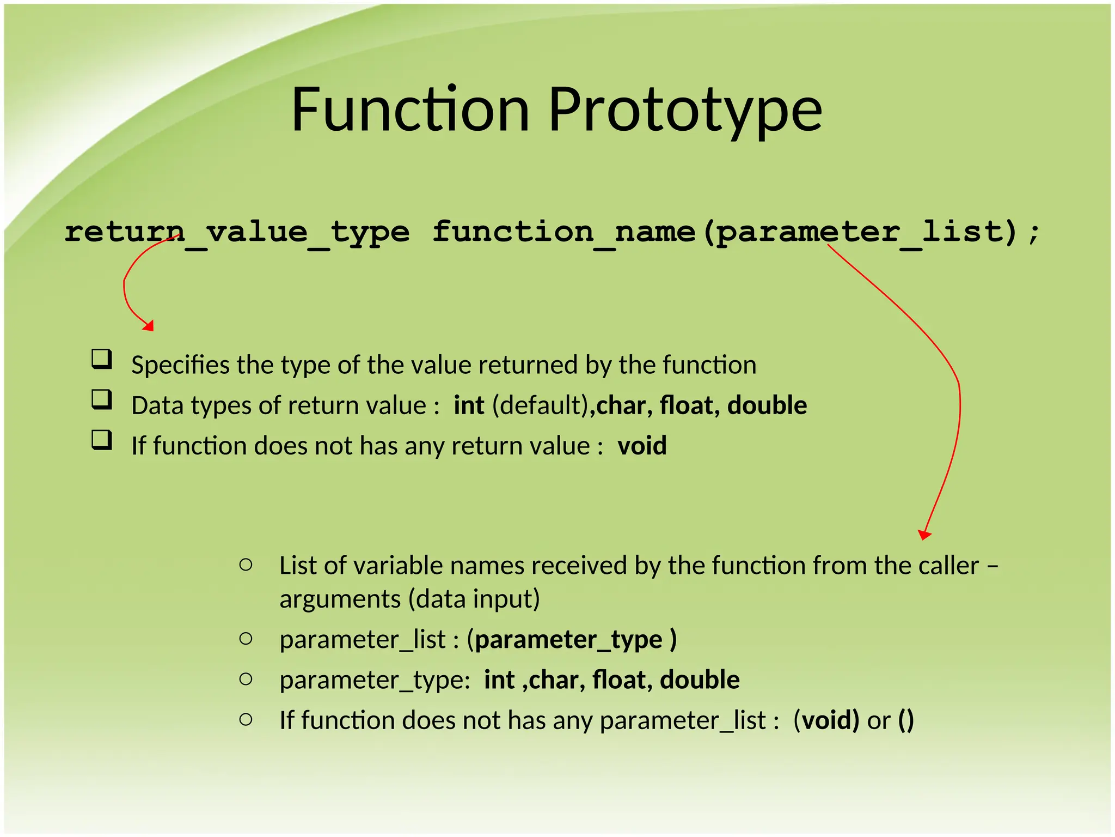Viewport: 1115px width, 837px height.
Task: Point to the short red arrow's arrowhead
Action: [149, 325]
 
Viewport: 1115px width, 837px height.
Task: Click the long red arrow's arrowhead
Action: [924, 535]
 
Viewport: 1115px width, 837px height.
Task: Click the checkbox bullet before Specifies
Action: [102, 360]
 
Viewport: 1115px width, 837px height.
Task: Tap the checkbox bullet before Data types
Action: [102, 400]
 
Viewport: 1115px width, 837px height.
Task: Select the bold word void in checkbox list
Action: [642, 446]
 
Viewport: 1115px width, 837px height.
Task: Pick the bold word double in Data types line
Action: [767, 405]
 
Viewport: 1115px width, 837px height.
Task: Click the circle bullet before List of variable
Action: [246, 565]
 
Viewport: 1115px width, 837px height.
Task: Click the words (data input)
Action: [474, 599]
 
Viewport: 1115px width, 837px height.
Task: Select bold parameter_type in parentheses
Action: [568, 640]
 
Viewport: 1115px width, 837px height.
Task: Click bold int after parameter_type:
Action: [499, 680]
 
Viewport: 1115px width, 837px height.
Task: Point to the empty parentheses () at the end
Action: [906, 720]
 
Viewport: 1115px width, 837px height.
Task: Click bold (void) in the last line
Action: [826, 720]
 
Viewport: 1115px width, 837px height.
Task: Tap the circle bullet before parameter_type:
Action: [246, 679]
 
